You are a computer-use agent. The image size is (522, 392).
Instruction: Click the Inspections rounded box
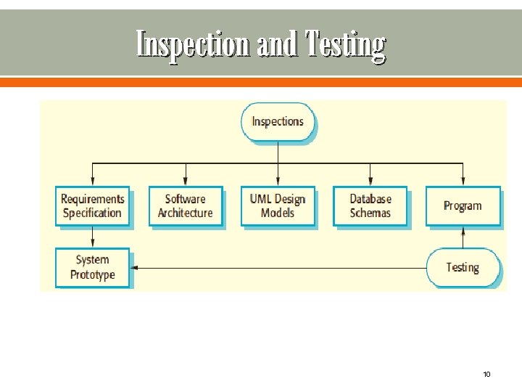pos(278,121)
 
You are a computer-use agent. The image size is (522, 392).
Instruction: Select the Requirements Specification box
pos(92,205)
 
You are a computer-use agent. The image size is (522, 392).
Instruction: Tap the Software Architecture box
pos(185,205)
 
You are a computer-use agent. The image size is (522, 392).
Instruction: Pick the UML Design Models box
pos(278,205)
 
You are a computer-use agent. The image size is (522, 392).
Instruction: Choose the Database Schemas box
pos(370,205)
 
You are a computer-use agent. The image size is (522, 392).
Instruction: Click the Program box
pos(463,205)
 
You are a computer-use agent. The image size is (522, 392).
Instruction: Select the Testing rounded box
pos(463,267)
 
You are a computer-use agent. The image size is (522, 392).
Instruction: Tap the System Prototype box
pos(92,267)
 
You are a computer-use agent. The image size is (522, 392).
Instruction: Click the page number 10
pos(486,375)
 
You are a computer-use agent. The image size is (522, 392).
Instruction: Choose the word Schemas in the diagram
pos(370,213)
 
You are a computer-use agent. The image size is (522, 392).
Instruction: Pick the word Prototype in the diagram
pos(93,275)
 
